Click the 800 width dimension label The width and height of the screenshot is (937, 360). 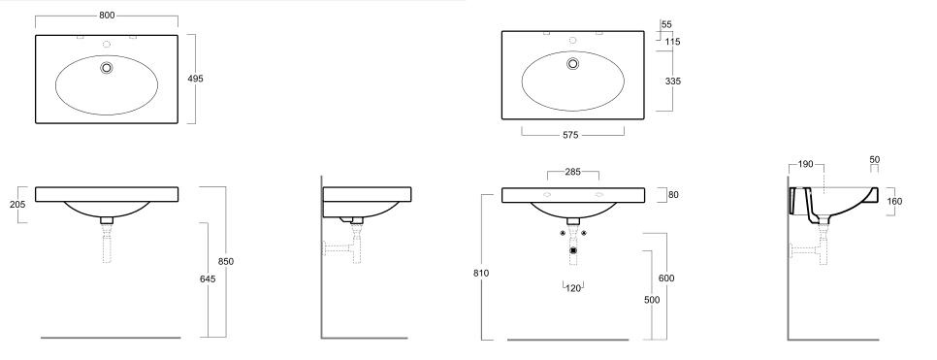point(107,16)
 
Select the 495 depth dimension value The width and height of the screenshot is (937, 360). point(195,79)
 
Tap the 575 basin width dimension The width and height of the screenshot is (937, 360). point(570,136)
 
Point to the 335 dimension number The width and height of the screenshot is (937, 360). point(673,82)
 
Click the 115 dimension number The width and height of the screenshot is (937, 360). point(673,42)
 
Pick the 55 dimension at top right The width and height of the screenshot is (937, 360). point(667,24)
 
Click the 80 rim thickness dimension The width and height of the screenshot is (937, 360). point(673,195)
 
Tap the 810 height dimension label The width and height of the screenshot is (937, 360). point(481,274)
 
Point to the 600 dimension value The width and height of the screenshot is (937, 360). point(666,278)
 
